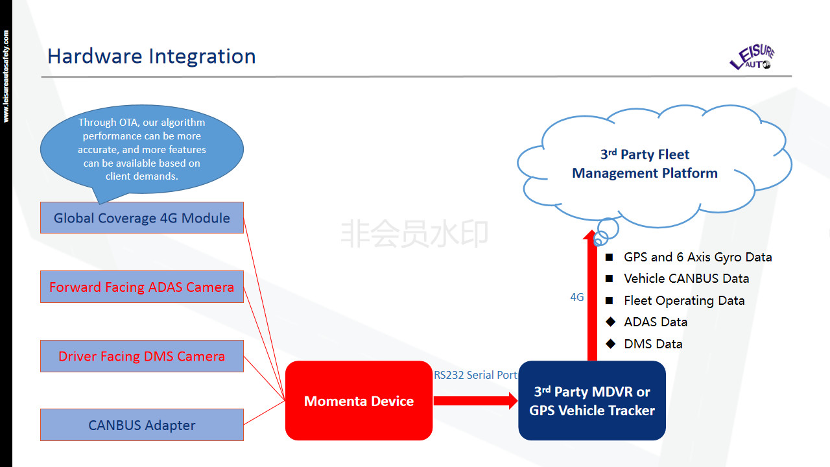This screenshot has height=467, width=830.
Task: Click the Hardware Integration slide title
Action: click(x=151, y=56)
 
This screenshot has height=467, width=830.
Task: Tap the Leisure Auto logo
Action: click(x=752, y=58)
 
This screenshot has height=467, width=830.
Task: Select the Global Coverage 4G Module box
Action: click(x=141, y=218)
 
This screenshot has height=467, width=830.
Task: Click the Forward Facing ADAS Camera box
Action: click(x=141, y=287)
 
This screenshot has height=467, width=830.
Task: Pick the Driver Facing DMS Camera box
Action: click(x=141, y=356)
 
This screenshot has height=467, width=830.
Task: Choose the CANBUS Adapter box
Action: click(x=141, y=425)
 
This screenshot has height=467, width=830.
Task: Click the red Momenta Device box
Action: click(x=359, y=401)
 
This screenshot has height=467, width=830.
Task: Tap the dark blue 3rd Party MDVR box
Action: click(x=591, y=401)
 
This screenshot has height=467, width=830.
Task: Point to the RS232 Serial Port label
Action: click(x=475, y=375)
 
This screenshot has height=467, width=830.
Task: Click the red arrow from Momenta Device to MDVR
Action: click(x=475, y=401)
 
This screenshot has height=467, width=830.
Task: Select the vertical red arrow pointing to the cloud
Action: click(x=591, y=298)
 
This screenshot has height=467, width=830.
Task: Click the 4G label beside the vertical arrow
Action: click(x=577, y=298)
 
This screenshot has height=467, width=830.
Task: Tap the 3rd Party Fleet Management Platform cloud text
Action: click(x=645, y=164)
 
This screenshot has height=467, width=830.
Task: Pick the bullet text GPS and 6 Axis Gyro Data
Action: click(x=698, y=257)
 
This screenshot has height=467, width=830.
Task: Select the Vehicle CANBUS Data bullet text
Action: click(x=686, y=279)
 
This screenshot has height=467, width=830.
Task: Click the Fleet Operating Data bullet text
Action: click(x=684, y=301)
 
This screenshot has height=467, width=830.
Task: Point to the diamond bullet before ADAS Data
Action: click(x=610, y=322)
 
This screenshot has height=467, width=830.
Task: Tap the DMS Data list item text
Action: click(x=653, y=344)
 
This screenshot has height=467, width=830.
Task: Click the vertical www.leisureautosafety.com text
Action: click(x=6, y=76)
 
